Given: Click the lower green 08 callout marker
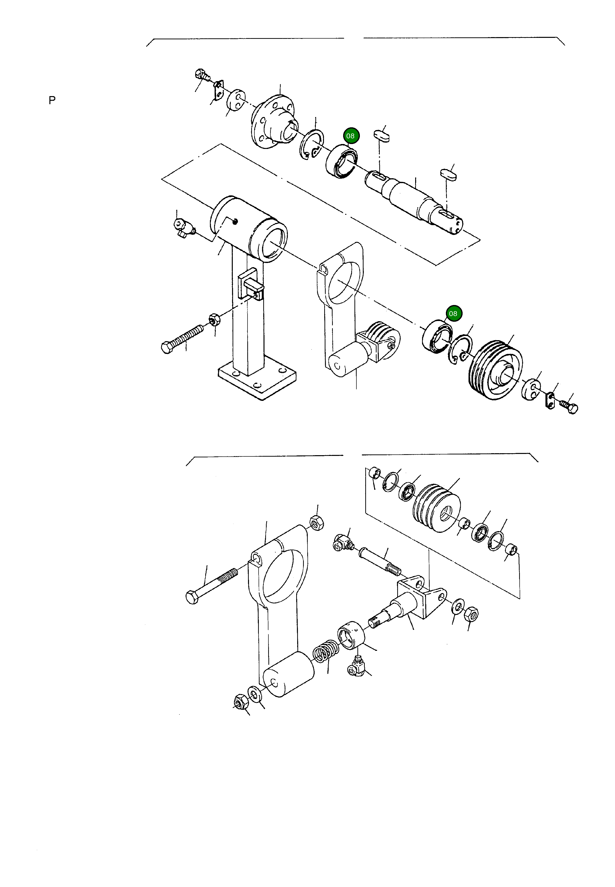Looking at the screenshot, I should click(453, 313).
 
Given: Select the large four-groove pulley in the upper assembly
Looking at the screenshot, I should click(495, 370).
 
